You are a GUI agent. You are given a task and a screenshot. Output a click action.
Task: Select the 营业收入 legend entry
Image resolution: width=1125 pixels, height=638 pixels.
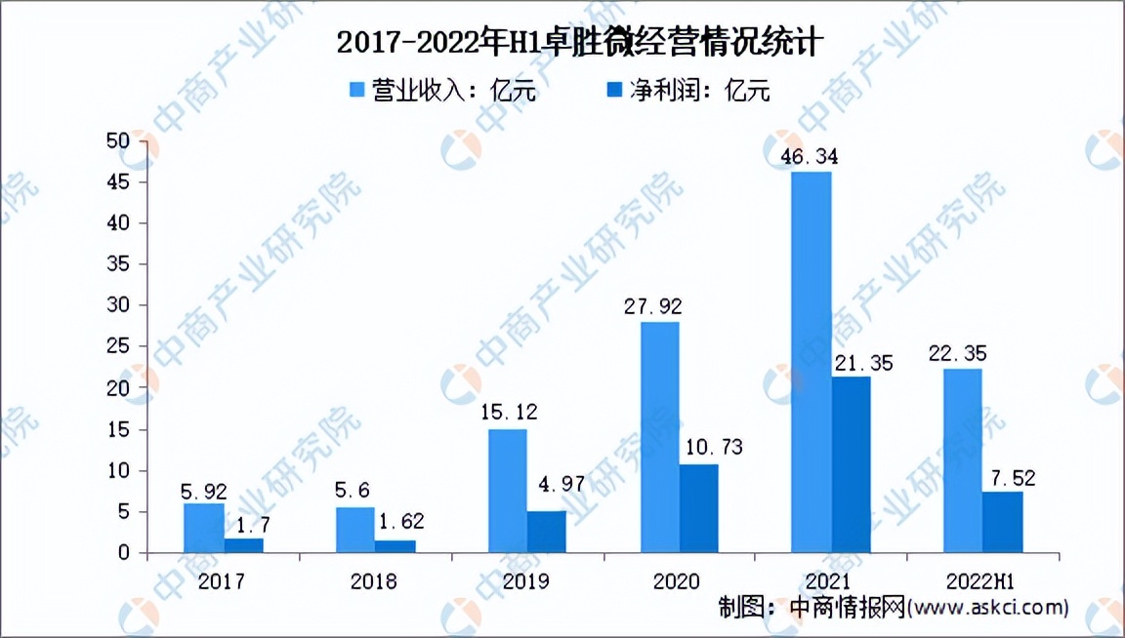[x=443, y=91]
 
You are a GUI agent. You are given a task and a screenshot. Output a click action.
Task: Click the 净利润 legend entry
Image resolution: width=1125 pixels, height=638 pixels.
[x=688, y=91]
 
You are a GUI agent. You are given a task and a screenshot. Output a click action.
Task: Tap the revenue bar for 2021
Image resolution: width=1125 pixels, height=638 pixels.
[x=811, y=362]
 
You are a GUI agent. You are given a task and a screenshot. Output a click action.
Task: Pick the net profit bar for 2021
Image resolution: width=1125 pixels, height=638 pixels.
[x=851, y=464]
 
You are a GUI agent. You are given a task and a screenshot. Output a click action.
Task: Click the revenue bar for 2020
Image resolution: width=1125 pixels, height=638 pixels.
[x=659, y=437]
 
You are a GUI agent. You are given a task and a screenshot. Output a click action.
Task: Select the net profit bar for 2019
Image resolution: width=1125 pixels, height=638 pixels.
[x=546, y=532]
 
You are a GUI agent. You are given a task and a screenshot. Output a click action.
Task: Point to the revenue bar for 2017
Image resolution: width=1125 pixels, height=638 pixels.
[x=203, y=528]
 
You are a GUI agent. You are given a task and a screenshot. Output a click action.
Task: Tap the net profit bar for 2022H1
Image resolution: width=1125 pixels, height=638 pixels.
[x=1003, y=522]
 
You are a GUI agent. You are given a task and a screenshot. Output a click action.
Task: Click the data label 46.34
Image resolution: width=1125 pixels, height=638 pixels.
[x=810, y=156]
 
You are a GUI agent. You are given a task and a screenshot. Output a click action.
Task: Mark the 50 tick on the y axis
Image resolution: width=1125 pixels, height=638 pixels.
[x=118, y=141]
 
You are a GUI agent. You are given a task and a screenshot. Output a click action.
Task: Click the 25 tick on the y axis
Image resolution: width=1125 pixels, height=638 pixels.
[x=118, y=347]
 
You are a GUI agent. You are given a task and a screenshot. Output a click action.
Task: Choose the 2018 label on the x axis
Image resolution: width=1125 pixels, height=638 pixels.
[x=373, y=581]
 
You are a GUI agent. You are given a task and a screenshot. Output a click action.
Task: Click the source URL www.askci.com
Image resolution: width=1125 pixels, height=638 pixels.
[x=987, y=608]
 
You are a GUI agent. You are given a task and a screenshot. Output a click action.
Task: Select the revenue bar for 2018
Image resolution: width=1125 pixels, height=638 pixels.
[x=355, y=530]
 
